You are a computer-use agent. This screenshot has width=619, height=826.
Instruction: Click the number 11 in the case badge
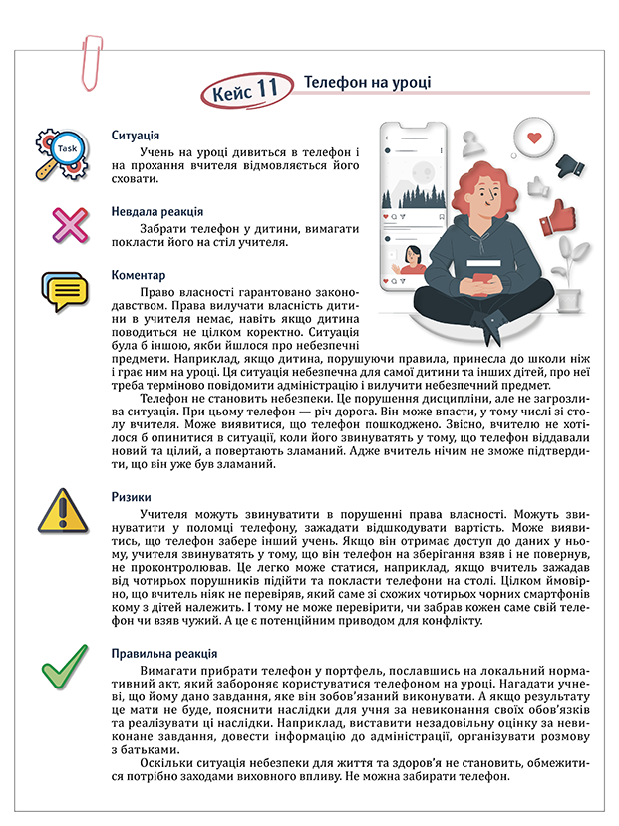(x=266, y=91)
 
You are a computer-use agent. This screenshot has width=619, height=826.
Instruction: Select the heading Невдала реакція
(x=158, y=212)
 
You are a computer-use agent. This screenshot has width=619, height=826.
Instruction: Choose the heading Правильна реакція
(x=164, y=654)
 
